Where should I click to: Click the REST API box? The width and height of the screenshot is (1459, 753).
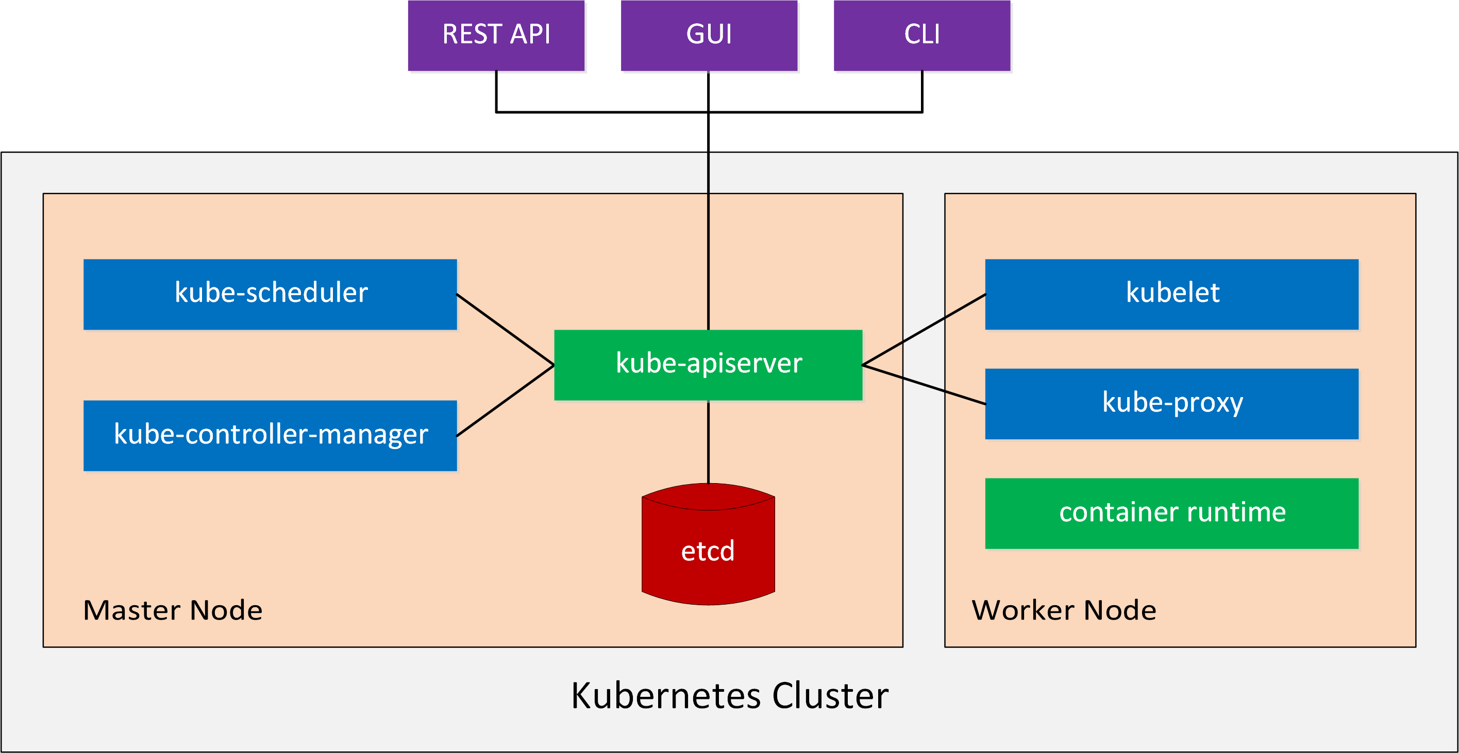(x=496, y=35)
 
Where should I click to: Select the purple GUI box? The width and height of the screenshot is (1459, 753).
(x=709, y=35)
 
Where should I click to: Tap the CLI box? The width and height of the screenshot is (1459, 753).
(x=922, y=35)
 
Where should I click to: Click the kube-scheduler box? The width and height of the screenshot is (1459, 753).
(x=270, y=295)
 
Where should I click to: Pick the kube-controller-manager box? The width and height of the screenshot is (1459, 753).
(x=270, y=435)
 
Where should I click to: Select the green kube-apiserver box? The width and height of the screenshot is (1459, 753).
(x=708, y=365)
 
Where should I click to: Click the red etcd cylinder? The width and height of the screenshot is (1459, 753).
(x=708, y=544)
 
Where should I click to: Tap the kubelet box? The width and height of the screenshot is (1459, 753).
(x=1172, y=295)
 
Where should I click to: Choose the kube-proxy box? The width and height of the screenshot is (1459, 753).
(x=1172, y=404)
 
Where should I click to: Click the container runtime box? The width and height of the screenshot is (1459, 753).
(x=1172, y=514)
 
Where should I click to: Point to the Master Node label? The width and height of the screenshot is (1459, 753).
(x=173, y=610)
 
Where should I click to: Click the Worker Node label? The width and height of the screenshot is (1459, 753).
(x=1064, y=610)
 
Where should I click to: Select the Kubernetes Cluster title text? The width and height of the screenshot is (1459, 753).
(x=730, y=695)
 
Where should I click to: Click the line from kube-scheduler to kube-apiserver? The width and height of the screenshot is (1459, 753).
(x=505, y=330)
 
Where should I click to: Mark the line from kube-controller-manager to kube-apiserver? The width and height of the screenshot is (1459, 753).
(x=505, y=400)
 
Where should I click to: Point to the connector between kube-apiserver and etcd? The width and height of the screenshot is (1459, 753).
(x=708, y=441)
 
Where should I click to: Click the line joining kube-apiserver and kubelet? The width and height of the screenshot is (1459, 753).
(x=924, y=330)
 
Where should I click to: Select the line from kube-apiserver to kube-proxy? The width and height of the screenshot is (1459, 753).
(x=924, y=384)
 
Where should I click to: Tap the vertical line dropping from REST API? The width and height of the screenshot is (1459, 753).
(x=496, y=92)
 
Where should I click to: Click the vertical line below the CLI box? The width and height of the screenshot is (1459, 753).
(x=922, y=92)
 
